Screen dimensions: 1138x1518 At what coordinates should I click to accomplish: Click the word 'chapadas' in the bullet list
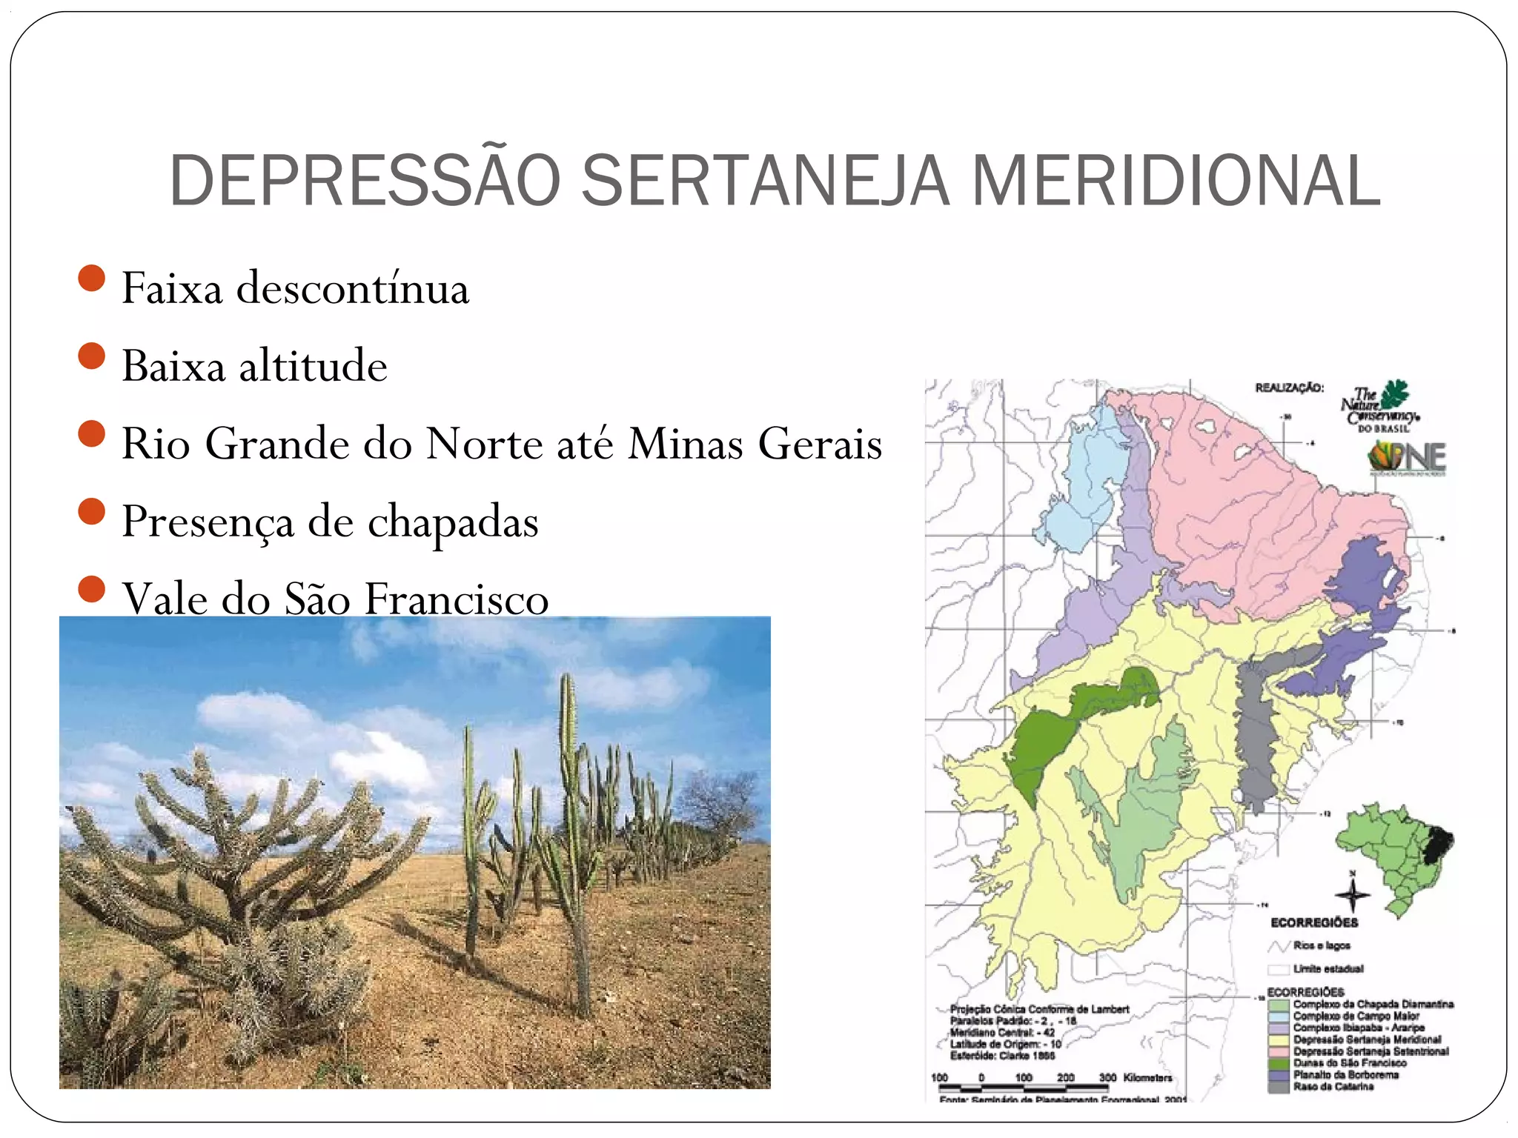tap(453, 522)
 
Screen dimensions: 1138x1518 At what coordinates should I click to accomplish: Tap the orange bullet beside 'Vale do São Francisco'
tap(91, 590)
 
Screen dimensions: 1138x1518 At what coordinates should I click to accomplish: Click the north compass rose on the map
tap(1352, 895)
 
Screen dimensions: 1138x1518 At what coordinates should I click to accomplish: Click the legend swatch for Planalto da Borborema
tap(1278, 1075)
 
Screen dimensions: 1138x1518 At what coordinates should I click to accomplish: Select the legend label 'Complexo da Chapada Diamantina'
tap(1373, 1005)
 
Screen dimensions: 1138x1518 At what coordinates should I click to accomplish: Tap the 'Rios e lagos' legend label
tap(1322, 945)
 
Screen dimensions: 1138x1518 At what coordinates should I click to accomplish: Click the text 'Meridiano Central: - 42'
tap(1002, 1032)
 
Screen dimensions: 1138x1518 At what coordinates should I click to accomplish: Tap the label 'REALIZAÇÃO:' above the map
tap(1289, 387)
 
